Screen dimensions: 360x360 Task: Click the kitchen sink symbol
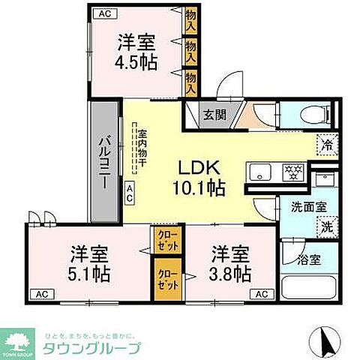click(260, 172)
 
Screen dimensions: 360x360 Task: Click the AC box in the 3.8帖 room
click(260, 293)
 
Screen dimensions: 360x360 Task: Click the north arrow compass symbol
click(326, 343)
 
